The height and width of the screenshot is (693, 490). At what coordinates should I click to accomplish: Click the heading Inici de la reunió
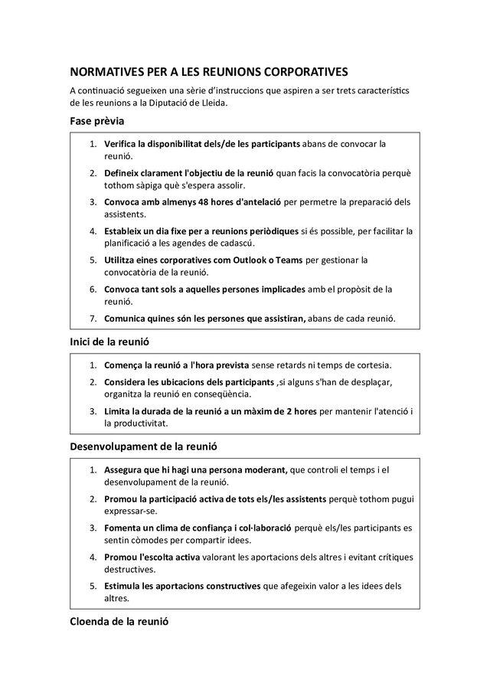[108, 341]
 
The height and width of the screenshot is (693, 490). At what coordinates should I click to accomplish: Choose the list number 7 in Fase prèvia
[92, 318]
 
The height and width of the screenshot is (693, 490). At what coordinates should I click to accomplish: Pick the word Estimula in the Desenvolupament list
[122, 587]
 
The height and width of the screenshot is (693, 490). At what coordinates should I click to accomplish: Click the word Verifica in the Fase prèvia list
[122, 143]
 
